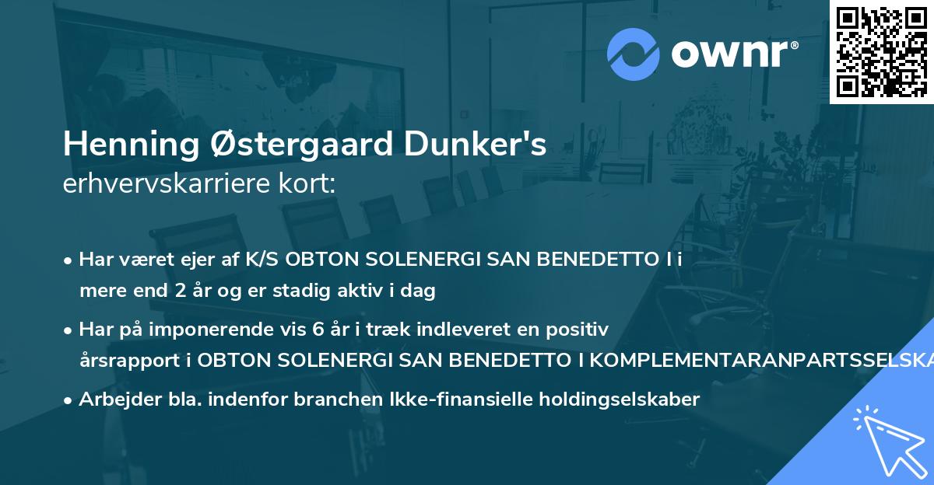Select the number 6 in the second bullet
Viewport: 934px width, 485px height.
tap(318, 330)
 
